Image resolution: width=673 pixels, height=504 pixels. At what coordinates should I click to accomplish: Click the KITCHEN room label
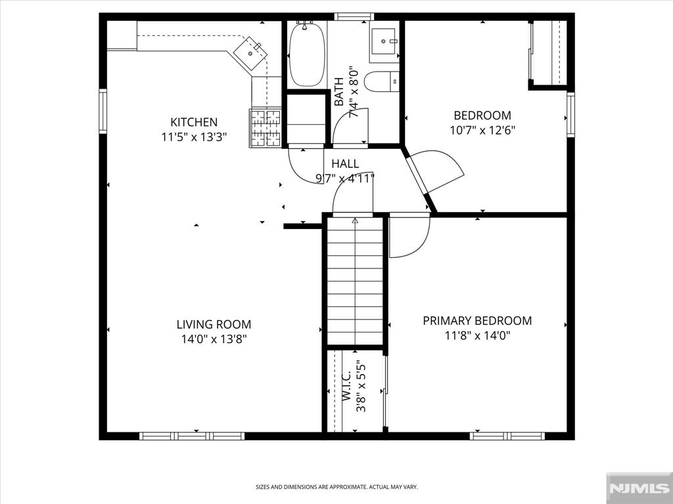(x=194, y=122)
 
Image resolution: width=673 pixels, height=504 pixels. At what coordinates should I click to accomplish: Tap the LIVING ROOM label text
(x=214, y=324)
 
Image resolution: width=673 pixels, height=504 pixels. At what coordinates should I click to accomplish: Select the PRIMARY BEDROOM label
(x=477, y=320)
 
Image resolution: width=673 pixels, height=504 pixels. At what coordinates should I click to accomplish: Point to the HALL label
(x=345, y=163)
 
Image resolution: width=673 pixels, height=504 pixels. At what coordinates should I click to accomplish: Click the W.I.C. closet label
(x=347, y=386)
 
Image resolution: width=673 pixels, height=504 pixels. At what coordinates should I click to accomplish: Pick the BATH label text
(x=339, y=91)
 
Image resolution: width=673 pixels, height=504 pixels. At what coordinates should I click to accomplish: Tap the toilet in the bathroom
(x=382, y=81)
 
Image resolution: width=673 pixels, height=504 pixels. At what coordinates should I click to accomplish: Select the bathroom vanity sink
(x=384, y=41)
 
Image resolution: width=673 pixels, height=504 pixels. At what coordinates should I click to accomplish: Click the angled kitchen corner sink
(x=250, y=53)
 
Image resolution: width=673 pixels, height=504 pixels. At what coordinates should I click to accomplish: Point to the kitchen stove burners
(x=265, y=128)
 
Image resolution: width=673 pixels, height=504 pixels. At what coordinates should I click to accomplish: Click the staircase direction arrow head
(x=355, y=220)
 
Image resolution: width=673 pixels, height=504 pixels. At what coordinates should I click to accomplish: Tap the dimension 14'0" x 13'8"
(x=214, y=339)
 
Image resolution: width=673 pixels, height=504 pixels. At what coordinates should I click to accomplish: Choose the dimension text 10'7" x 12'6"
(x=482, y=130)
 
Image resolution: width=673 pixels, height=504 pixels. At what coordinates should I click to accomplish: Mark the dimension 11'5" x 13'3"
(x=194, y=137)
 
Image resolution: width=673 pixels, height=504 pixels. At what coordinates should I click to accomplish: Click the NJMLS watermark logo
(x=639, y=488)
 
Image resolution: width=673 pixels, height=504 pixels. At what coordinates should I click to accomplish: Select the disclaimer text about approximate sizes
(x=336, y=487)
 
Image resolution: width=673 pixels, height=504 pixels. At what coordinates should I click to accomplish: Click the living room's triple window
(x=192, y=436)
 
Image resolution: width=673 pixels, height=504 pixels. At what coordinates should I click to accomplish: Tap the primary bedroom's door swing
(x=410, y=236)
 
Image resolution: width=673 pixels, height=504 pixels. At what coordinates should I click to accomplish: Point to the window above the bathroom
(x=354, y=16)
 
